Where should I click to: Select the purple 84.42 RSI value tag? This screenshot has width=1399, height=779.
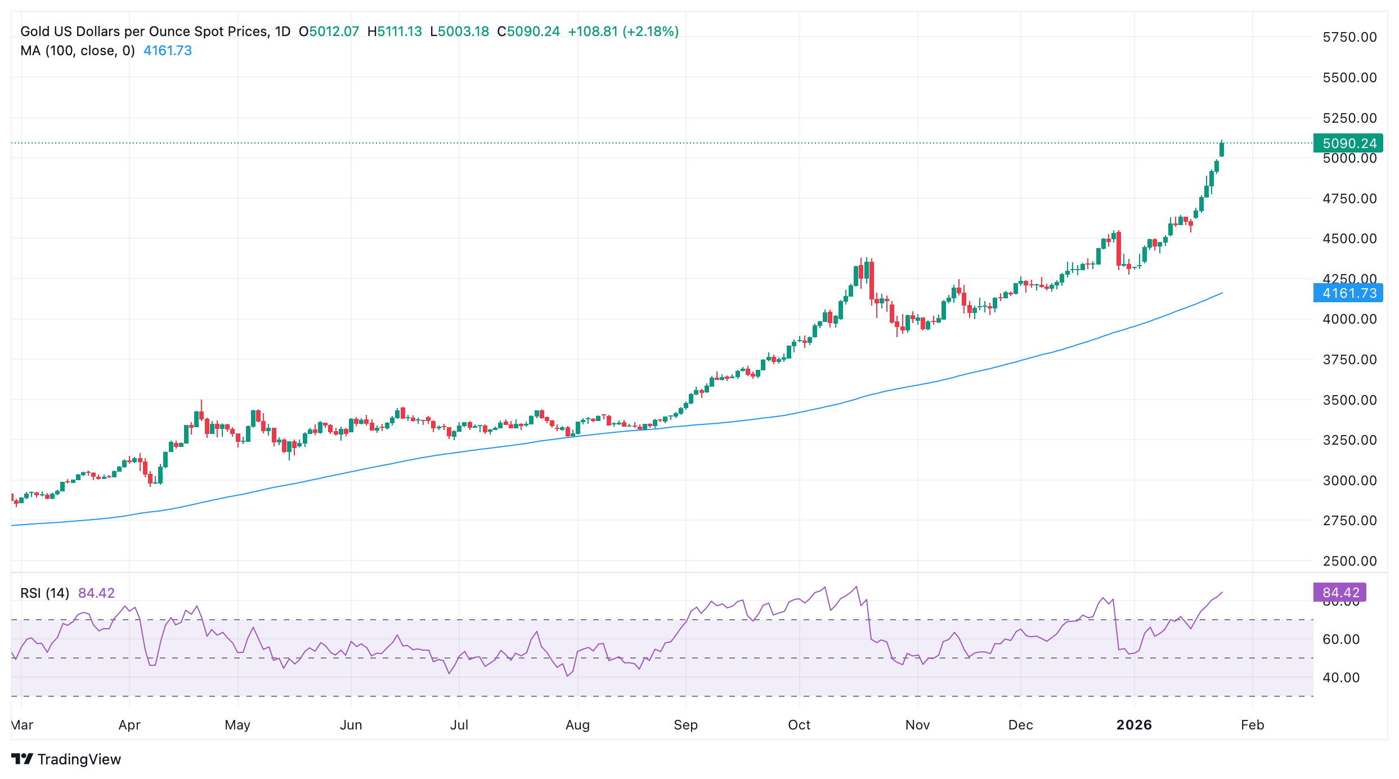1339,593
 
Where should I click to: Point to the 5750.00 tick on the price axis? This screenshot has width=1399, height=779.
1349,37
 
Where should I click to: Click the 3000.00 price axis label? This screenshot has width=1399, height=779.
1349,481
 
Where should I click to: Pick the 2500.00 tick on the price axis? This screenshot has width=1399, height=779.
1349,561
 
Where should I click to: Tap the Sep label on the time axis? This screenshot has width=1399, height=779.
685,725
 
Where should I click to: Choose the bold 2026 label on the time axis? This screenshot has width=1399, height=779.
1134,725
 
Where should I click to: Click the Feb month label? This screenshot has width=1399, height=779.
1252,725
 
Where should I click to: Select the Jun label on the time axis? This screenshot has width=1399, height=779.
351,725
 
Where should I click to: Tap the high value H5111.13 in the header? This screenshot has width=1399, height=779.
394,32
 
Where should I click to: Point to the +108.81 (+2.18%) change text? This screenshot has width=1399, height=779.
623,32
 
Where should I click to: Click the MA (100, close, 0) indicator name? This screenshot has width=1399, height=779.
78,51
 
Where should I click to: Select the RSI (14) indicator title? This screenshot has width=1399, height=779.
44,593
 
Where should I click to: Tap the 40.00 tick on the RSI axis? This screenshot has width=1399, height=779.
1340,678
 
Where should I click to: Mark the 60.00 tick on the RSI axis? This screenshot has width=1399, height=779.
1340,639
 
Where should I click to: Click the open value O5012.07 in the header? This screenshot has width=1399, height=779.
329,32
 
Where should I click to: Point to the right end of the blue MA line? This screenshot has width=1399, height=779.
1222,293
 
